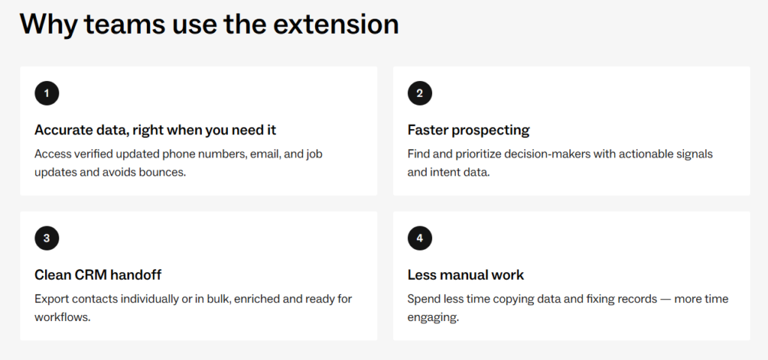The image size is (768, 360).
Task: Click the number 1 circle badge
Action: coord(46,93)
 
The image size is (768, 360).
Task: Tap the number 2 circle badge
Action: coord(420,93)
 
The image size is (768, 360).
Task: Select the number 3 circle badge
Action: coord(46,238)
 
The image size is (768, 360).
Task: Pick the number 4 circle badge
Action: coord(420,238)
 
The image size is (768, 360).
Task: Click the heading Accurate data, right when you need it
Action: coord(155,130)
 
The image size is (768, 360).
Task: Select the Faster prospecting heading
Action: coord(468,130)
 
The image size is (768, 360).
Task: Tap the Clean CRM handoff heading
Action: coord(98,274)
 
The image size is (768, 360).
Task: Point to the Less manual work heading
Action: coord(466,274)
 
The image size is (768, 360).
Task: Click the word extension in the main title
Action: coord(336,23)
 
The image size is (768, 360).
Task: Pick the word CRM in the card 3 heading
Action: coord(91,274)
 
